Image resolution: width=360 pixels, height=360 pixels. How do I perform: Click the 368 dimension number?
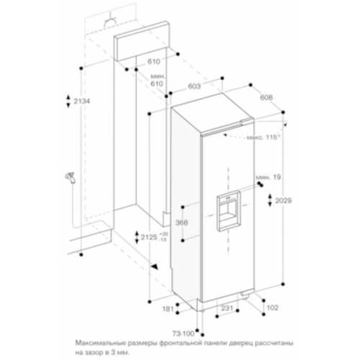point(181,222)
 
